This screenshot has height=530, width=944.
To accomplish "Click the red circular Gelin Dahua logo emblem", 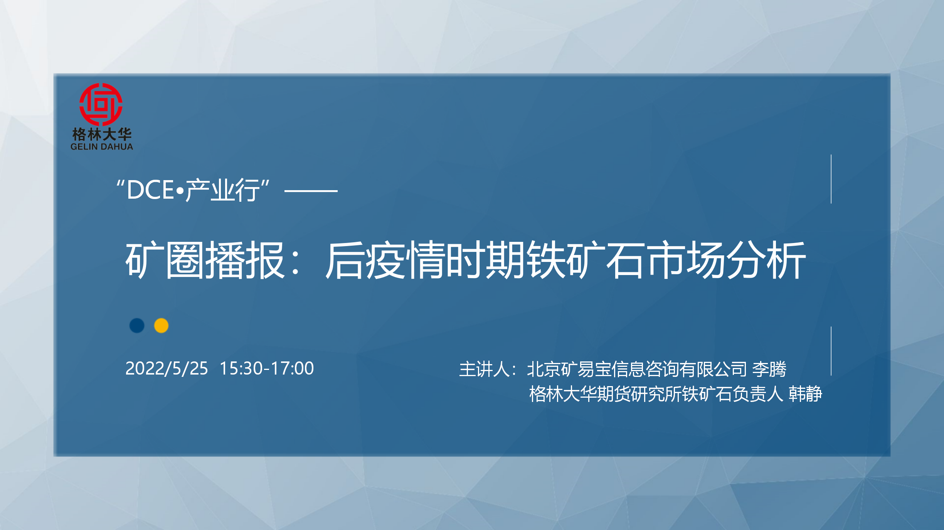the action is tap(101, 104).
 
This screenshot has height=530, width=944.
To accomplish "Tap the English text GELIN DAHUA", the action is tap(102, 147).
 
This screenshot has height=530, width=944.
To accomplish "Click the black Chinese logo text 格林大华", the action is tap(102, 134).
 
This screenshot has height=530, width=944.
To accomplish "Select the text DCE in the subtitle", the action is tap(150, 190).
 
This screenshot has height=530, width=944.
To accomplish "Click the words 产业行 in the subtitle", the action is tap(223, 190).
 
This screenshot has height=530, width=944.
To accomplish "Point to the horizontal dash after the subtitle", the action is tap(311, 191).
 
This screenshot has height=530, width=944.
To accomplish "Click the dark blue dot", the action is tap(137, 326).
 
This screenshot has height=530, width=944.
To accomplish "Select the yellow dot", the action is tap(161, 326).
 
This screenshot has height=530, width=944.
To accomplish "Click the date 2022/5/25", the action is tap(167, 368).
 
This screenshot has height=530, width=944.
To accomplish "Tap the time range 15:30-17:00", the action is tap(267, 368).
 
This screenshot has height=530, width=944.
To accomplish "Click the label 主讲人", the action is tap(485, 369).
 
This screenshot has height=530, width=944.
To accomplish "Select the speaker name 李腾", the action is tap(769, 369).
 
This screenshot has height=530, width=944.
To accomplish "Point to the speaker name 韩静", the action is tap(805, 394).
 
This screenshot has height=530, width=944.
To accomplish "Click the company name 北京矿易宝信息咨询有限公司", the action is tap(637, 369).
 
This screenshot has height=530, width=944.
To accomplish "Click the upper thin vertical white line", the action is tap(831, 179).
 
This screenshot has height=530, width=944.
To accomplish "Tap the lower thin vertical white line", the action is tap(831, 351).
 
